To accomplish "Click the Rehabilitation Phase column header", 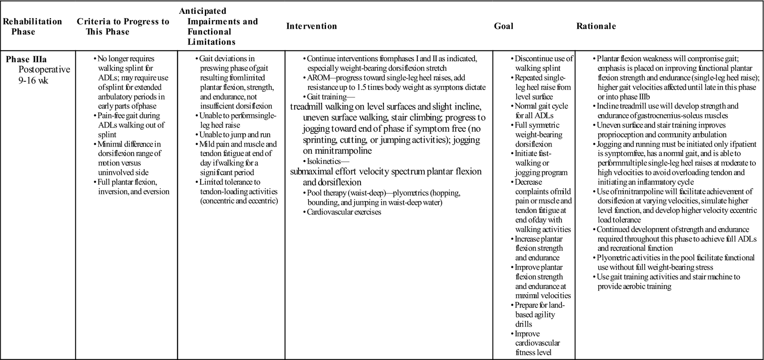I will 32,26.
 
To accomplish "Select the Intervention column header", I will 311,26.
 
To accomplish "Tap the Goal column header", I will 503,26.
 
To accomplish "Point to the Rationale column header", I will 596,26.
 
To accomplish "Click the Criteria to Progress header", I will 123,26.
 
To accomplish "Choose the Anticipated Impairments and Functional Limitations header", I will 218,26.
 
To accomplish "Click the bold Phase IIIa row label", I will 26,60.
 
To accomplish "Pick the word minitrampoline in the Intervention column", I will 338,151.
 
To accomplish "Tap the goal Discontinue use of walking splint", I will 543,64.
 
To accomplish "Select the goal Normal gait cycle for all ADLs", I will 541,111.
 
